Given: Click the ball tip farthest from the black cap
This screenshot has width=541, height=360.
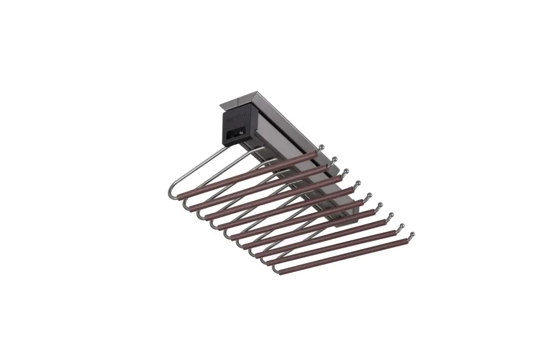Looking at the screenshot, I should [412, 234].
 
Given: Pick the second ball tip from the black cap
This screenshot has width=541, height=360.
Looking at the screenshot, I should [334, 157].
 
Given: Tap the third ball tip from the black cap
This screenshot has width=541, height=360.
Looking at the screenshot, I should [346, 170].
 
